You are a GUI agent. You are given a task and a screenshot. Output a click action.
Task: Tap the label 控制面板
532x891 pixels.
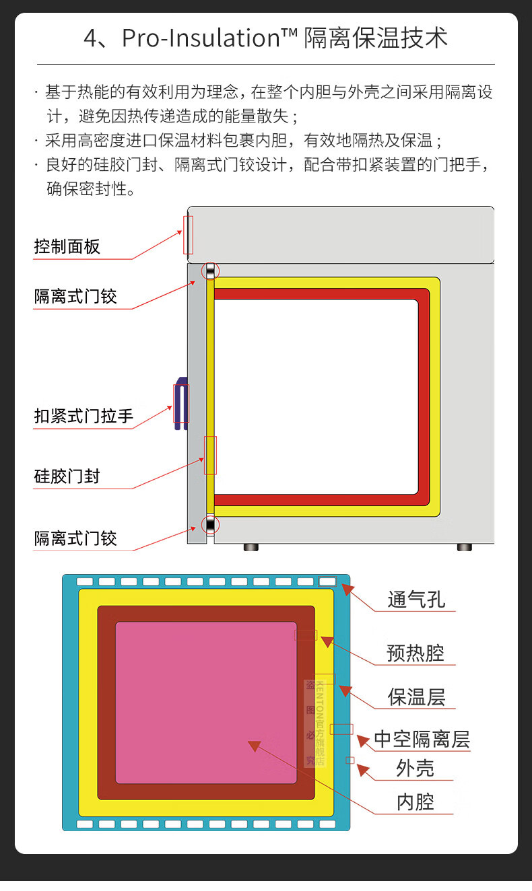click(67, 246)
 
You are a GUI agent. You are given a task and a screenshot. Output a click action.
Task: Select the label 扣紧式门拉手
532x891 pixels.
click(84, 417)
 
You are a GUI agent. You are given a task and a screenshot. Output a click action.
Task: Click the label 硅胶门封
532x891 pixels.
click(67, 476)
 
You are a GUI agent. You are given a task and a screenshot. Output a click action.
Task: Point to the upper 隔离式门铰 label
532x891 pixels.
click(75, 296)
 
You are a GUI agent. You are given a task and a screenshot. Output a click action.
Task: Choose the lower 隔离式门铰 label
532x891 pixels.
click(75, 538)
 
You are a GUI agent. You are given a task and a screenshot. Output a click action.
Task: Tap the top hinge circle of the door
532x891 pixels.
click(211, 271)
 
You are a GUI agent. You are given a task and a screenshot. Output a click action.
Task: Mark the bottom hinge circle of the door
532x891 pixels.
click(211, 524)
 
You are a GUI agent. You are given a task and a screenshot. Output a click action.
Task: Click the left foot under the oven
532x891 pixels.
click(251, 547)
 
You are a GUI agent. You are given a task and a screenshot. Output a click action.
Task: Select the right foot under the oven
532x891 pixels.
click(464, 547)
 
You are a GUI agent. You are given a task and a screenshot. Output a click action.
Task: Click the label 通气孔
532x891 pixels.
click(416, 599)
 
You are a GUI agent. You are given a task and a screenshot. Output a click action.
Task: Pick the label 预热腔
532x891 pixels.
click(415, 652)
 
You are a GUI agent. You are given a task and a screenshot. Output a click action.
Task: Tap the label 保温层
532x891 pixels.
click(416, 697)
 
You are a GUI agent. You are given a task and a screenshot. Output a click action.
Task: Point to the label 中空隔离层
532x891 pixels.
click(422, 740)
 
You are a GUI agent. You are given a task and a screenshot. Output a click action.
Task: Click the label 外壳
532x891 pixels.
click(415, 769)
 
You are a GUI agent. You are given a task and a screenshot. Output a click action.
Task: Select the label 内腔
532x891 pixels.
click(415, 801)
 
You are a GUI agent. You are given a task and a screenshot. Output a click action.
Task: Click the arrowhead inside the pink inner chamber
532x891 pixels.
click(254, 745)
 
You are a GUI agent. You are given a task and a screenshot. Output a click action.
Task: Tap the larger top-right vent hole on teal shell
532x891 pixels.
click(327, 581)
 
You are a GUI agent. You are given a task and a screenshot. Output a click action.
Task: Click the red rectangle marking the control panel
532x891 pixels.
click(188, 235)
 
